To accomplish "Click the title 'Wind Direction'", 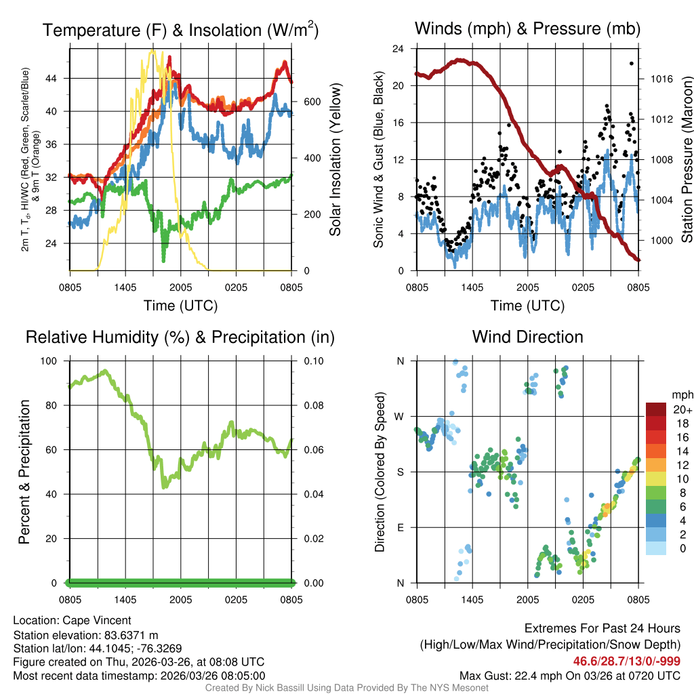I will tap(527, 337).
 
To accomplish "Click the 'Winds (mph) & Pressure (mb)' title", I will tap(527, 29).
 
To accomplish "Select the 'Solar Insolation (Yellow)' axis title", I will tap(335, 160).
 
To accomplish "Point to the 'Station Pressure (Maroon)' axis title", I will tap(686, 160).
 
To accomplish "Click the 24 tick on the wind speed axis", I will tap(399, 49).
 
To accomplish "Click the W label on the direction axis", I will tap(400, 416).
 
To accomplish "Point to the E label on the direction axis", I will tap(400, 527).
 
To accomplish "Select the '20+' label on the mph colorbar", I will tap(682, 409).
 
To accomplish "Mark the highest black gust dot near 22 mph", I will tap(631, 63).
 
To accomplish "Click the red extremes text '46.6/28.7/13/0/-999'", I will tap(627, 661).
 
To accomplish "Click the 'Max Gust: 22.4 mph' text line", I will tap(569, 675).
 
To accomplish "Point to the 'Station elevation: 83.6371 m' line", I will tap(85, 634).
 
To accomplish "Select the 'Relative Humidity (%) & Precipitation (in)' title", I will tap(180, 337).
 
